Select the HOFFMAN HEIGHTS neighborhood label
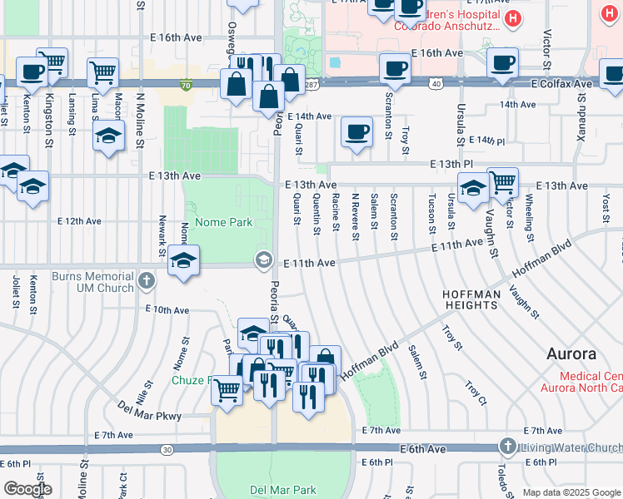[x=471, y=300]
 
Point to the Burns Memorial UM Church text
[x=92, y=282]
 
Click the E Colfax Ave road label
[x=561, y=84]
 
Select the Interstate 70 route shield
[x=185, y=84]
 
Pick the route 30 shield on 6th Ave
[x=167, y=449]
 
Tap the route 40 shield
[x=436, y=84]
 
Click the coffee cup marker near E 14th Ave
[x=356, y=131]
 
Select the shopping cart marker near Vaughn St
[x=502, y=181]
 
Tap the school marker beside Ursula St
[x=472, y=187]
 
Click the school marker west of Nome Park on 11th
[x=184, y=259]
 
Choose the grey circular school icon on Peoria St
[x=264, y=261]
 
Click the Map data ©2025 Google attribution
[x=571, y=492]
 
